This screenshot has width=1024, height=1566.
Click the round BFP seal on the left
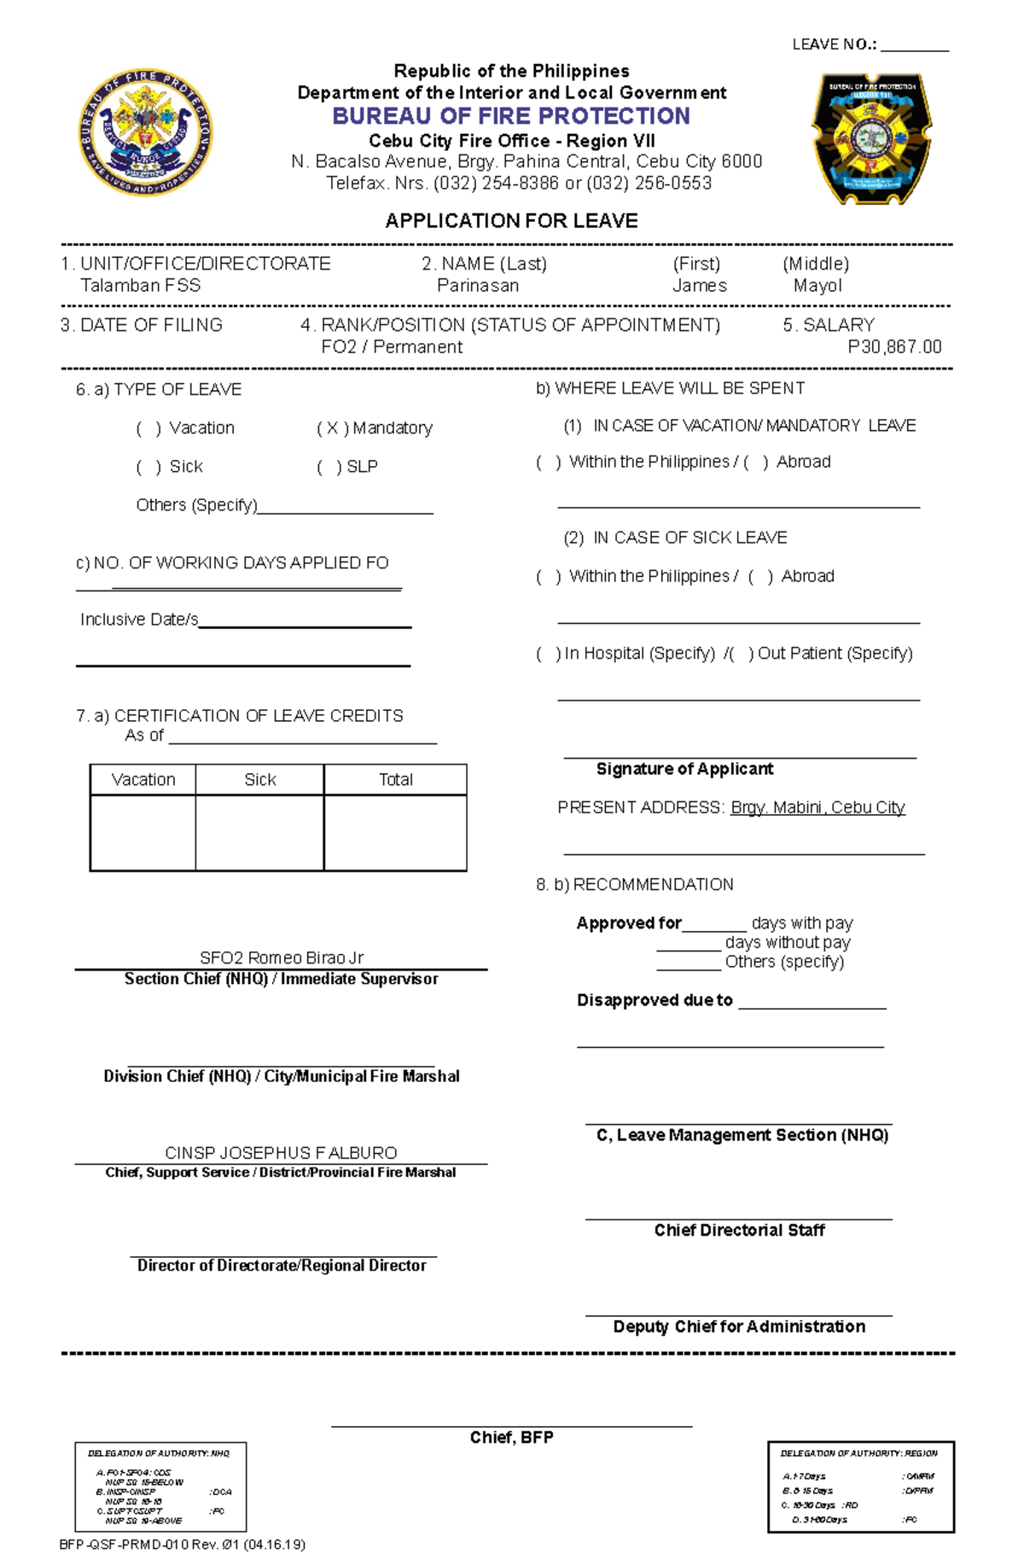(145, 132)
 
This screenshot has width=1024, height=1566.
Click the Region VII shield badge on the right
(871, 138)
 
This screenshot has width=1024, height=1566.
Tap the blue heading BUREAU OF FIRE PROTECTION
(511, 116)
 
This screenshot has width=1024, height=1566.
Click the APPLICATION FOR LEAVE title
(511, 221)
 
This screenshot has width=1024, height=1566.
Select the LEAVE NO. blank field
(914, 44)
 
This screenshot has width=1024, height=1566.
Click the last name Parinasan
(477, 286)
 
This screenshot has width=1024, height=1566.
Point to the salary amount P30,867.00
(893, 346)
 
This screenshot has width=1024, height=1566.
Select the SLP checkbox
(329, 467)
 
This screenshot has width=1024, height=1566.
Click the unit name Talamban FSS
(141, 286)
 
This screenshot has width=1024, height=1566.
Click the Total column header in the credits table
(395, 780)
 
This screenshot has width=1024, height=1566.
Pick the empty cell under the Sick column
(259, 832)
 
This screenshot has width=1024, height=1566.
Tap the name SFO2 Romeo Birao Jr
(282, 958)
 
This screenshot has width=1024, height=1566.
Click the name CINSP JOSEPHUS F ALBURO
(281, 1152)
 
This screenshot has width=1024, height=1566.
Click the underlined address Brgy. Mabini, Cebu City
(817, 807)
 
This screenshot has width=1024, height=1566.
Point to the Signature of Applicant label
(684, 769)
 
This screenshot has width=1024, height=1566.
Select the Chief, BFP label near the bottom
(511, 1437)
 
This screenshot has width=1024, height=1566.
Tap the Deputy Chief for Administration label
(739, 1326)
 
